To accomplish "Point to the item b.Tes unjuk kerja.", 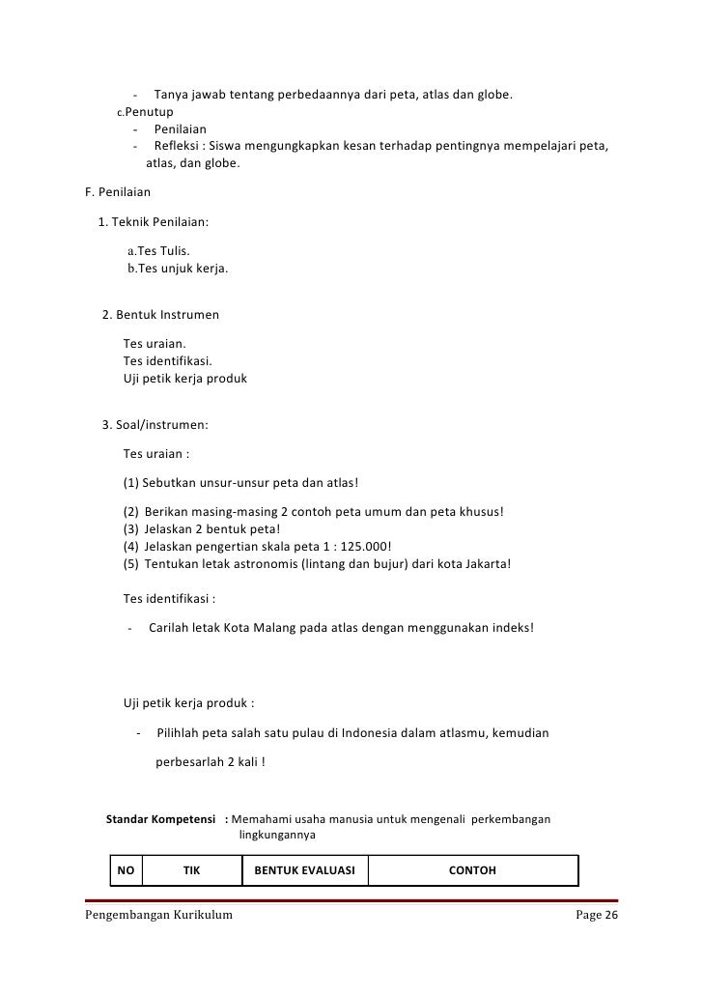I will [x=178, y=269].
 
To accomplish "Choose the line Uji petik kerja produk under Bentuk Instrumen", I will [x=185, y=379].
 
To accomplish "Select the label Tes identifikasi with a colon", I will [x=169, y=597].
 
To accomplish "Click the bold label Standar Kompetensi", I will [x=159, y=819].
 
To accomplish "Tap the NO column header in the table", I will [x=126, y=870].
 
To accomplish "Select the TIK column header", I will [x=191, y=870].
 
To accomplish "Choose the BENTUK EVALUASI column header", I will [x=304, y=870].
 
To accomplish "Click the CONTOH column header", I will [x=472, y=870].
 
